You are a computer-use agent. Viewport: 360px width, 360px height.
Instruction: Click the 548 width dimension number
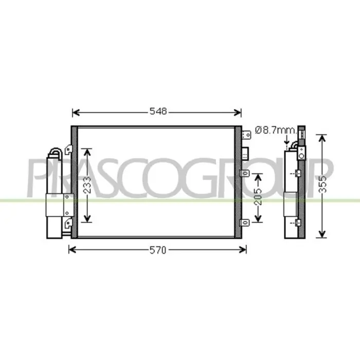pos(158,112)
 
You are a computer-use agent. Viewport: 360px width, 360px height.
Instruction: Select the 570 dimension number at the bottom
pos(158,250)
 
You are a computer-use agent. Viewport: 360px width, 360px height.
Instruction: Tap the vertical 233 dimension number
pos(87,185)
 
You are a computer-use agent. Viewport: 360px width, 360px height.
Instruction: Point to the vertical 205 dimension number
pos(258,197)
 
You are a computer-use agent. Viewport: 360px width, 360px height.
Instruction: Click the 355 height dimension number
pos(323,184)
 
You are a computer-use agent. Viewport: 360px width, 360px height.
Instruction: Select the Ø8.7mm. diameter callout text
pos(276,131)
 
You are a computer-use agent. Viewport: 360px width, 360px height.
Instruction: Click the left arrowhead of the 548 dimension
pos(76,113)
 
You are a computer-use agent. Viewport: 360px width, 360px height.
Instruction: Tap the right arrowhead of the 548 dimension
pos(238,113)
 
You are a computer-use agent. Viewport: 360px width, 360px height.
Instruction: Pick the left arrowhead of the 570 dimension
pos(73,249)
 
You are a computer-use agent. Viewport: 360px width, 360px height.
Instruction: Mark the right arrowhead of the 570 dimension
pos(243,249)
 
